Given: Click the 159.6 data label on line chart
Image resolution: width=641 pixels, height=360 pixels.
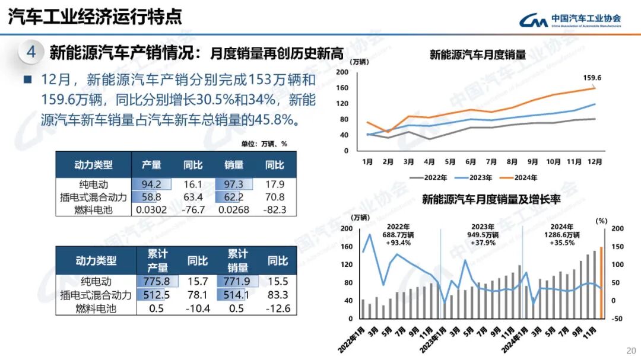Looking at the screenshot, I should click(x=592, y=78).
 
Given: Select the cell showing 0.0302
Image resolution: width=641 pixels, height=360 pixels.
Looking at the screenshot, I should click(x=151, y=209).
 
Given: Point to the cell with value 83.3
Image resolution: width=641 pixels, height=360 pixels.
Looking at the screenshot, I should click(x=278, y=295).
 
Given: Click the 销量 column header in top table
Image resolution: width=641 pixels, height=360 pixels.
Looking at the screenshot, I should click(x=233, y=165).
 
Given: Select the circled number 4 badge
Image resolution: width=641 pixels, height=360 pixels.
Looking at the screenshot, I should click(x=31, y=53).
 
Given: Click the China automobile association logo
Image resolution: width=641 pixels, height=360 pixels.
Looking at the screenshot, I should click(x=570, y=20).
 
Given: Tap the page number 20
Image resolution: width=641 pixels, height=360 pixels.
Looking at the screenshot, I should click(x=630, y=349).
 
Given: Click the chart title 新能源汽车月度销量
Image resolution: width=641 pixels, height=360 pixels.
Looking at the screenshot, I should click(x=477, y=55).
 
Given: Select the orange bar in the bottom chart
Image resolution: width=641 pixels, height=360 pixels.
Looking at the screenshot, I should click(x=601, y=282).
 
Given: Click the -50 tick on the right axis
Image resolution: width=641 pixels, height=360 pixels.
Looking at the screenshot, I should click(x=617, y=318).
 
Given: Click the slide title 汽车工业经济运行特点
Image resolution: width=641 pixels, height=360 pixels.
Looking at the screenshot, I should click(x=95, y=17).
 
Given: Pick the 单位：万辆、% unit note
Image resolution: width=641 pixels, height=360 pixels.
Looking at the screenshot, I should click(x=264, y=144).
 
